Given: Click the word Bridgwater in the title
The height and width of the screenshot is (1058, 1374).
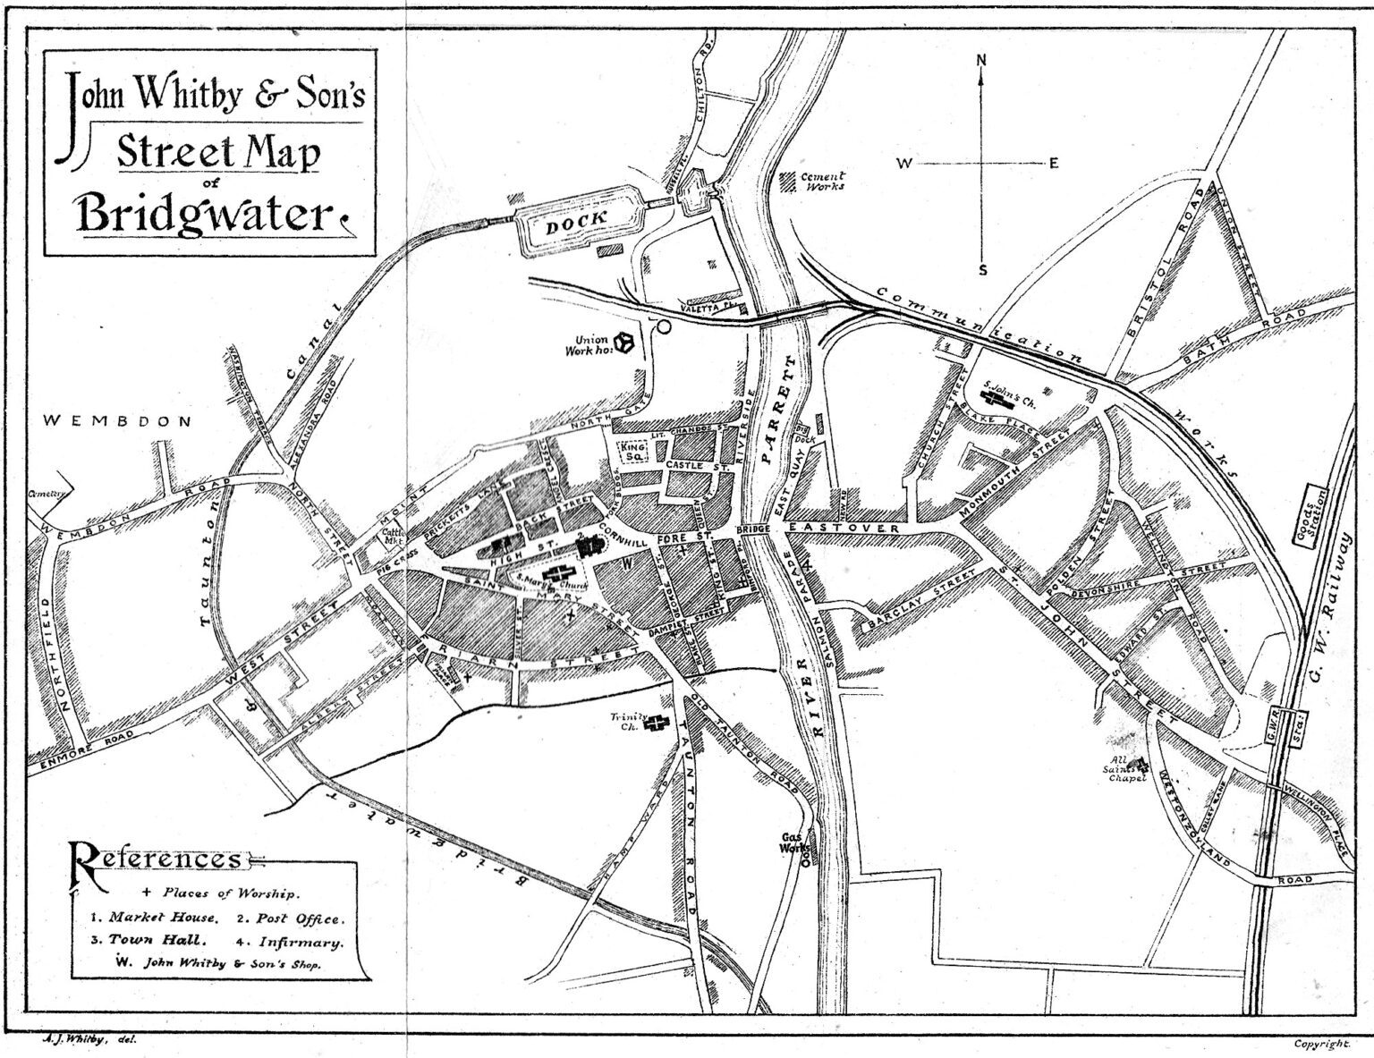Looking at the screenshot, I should pos(204,213).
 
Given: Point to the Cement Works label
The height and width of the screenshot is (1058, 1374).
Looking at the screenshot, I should pos(823,182).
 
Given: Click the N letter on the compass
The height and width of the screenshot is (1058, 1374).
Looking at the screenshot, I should pos(981,61).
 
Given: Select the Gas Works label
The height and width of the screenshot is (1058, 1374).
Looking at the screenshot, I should pos(793,842).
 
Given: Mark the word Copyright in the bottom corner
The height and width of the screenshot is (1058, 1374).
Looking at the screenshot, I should pos(1320,1043).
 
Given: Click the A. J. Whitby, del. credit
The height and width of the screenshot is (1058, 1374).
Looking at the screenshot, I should pos(89,1039).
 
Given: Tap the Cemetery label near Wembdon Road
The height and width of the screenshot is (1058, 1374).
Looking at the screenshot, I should pos(45,493).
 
